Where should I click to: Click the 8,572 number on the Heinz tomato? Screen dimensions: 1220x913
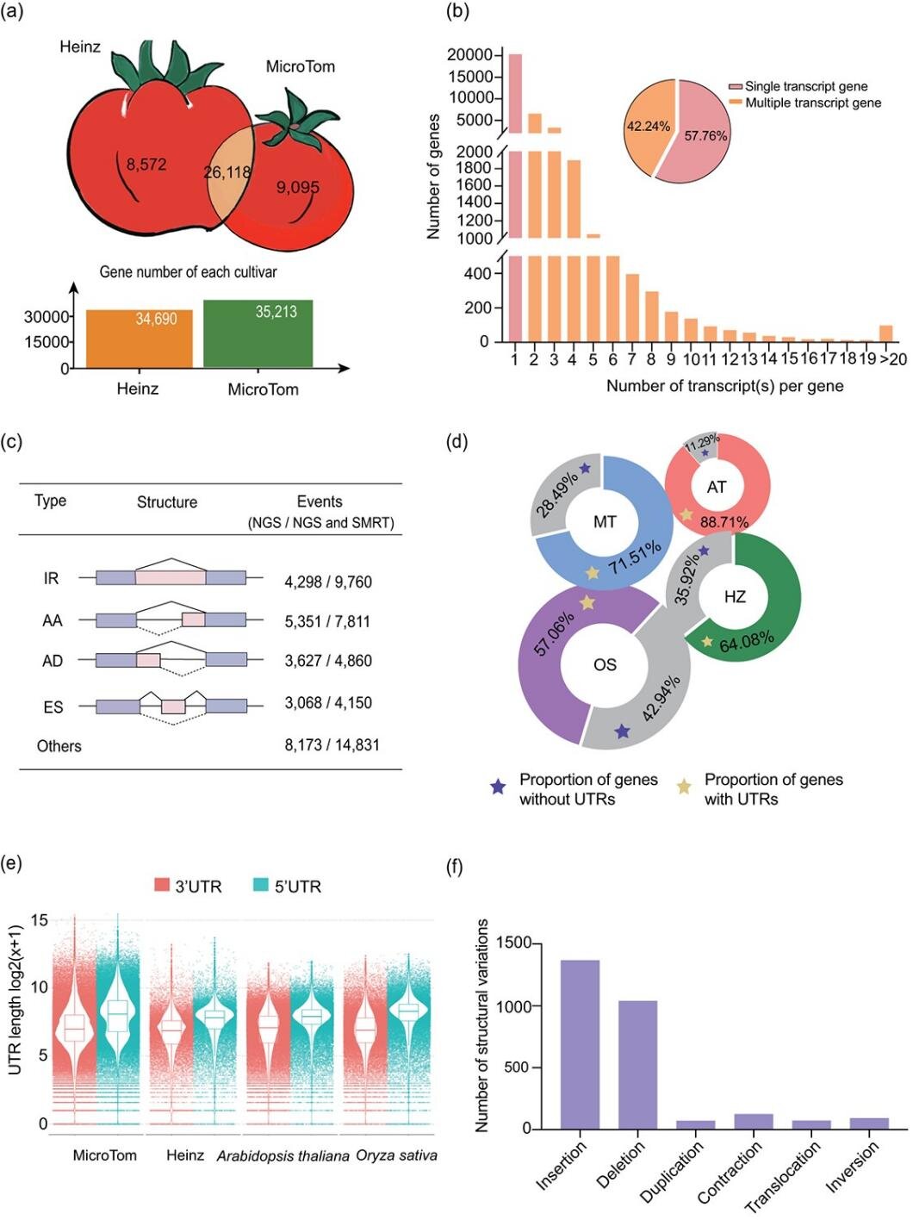point(146,164)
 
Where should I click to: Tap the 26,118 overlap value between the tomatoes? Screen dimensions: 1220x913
point(227,172)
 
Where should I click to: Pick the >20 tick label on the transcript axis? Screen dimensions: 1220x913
point(891,359)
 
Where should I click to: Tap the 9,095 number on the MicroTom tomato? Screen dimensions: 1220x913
point(298,187)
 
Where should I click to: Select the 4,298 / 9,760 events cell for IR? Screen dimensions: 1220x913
point(328,582)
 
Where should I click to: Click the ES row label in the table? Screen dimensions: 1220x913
point(53,707)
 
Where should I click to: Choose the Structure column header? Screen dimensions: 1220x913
point(167,502)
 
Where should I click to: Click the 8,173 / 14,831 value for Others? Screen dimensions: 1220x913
point(332,744)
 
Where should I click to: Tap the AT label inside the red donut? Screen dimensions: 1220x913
point(717,487)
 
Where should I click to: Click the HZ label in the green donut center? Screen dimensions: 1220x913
point(735,596)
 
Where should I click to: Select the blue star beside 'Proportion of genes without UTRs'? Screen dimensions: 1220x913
point(498,787)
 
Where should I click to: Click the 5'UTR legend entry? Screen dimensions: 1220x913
point(288,886)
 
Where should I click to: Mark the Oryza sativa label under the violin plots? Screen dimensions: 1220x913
point(397,1155)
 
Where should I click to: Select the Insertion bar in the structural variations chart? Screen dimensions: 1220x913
point(580,1044)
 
